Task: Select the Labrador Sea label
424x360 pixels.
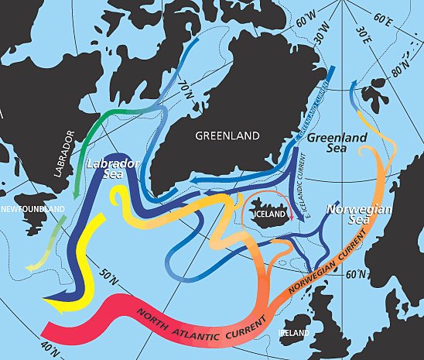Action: pyautogui.click(x=108, y=170)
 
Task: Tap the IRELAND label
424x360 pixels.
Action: pyautogui.click(x=293, y=333)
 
